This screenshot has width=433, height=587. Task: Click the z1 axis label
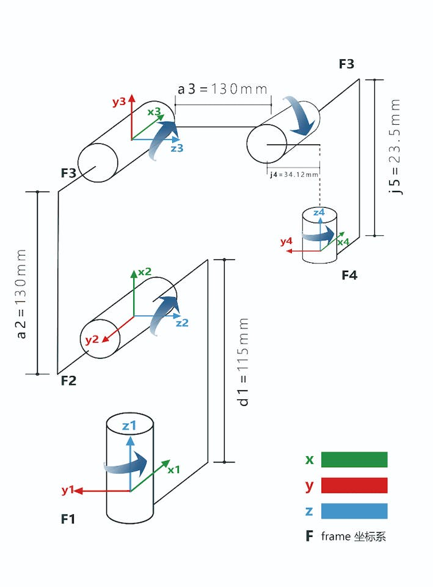[x=129, y=426]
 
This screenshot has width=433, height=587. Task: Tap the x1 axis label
[x=174, y=470]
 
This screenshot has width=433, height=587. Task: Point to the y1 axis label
[x=67, y=490]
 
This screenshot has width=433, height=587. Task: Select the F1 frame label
[x=68, y=519]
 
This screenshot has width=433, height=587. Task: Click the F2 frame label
[x=68, y=381]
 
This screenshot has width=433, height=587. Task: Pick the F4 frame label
[x=349, y=275]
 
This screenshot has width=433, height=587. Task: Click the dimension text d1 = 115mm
[x=244, y=362]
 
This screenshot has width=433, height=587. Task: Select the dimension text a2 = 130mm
[x=22, y=293]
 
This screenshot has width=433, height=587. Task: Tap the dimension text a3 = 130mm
[x=223, y=89]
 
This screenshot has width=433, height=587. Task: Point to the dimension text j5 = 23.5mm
[x=397, y=147]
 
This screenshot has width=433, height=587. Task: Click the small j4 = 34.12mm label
[x=294, y=175]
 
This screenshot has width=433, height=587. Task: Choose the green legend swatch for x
[x=354, y=459]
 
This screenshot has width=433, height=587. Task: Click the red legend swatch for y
[x=354, y=485]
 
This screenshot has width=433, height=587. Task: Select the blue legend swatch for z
[x=354, y=511]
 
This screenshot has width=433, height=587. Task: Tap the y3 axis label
[x=119, y=102]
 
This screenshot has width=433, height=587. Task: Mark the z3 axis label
[x=177, y=148]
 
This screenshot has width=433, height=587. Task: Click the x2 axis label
[x=145, y=271]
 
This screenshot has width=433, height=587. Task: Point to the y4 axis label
[x=286, y=242]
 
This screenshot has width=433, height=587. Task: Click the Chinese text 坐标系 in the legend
[x=370, y=537]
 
